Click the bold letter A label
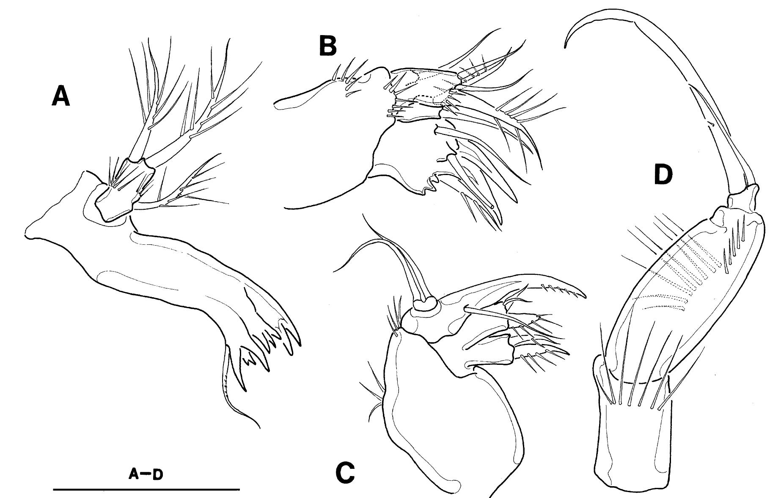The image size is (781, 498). (60, 99)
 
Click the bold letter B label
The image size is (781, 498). (327, 47)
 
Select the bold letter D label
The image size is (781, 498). (663, 175)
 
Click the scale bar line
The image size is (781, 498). (146, 490)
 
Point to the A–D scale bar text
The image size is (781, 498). (146, 476)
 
